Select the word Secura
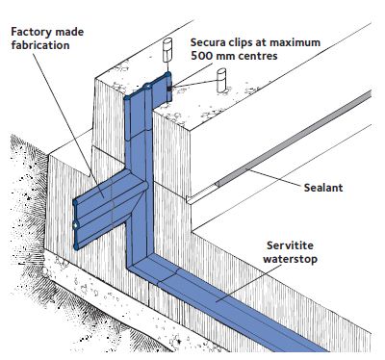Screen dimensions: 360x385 pos(212,42)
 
